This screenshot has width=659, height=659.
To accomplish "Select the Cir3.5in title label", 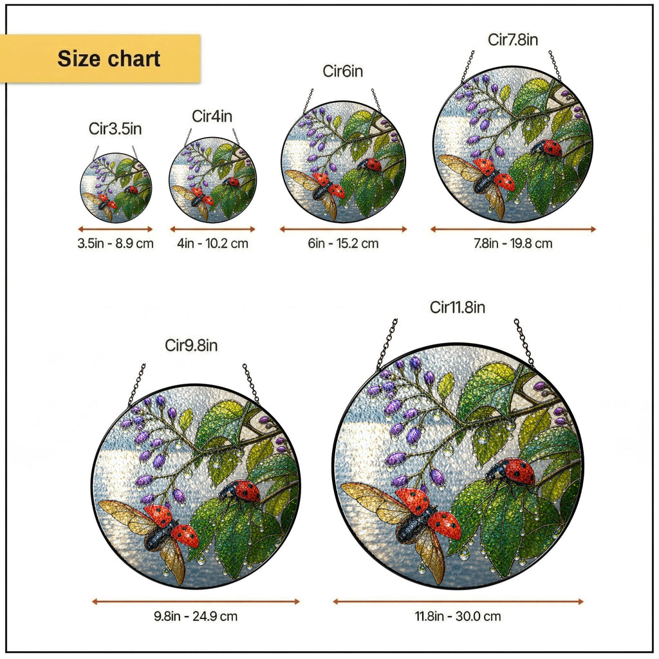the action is pyautogui.click(x=115, y=129).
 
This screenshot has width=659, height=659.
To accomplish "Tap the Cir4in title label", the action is pyautogui.click(x=212, y=116).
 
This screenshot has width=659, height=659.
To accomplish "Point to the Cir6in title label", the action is pyautogui.click(x=343, y=71).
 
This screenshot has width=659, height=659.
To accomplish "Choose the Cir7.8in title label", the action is pyautogui.click(x=513, y=40).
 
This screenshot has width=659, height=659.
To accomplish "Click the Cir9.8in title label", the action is pyautogui.click(x=191, y=346).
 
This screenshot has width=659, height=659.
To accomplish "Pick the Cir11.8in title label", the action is pyautogui.click(x=458, y=308).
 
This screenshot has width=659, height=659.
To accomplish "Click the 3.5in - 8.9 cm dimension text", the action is pyautogui.click(x=116, y=243).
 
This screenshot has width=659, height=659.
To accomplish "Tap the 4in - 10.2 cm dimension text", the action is pyautogui.click(x=212, y=243).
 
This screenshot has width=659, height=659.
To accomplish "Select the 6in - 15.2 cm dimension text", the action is pyautogui.click(x=344, y=243).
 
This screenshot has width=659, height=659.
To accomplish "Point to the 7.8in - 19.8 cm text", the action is pyautogui.click(x=513, y=243).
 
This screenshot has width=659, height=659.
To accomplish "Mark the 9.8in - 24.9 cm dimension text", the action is pyautogui.click(x=196, y=617).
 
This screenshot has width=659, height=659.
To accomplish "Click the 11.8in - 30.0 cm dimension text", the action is pyautogui.click(x=458, y=617).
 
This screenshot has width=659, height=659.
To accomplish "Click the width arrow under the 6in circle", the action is pyautogui.click(x=344, y=229).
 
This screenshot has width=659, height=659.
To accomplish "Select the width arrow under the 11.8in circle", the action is pyautogui.click(x=458, y=602).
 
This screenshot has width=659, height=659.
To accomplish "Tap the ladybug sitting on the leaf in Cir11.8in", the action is pyautogui.click(x=510, y=472).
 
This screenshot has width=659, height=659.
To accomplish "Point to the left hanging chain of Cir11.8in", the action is pyautogui.click(x=387, y=345).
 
